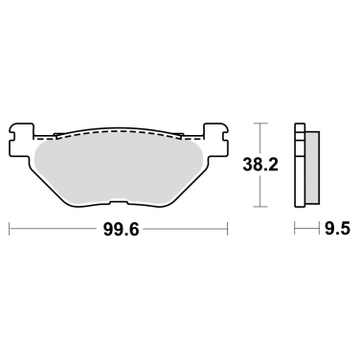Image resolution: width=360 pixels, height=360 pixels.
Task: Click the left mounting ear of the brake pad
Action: (x=22, y=131)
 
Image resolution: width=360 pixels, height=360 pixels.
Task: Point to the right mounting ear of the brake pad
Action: (x=215, y=131)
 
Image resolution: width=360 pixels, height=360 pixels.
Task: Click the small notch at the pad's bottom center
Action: (x=119, y=202)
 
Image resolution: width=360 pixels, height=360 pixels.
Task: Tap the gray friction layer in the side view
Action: (x=311, y=169)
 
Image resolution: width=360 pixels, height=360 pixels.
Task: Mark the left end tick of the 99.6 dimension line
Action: (x=10, y=230)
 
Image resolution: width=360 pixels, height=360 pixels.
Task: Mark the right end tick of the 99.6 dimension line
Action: (x=228, y=230)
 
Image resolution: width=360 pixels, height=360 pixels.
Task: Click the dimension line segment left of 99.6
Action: (x=53, y=230)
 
